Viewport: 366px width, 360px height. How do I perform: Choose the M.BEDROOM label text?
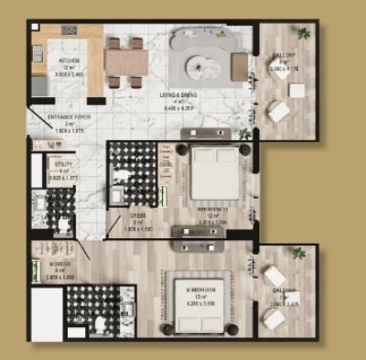(x=202, y=292)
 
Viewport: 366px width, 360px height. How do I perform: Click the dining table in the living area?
(x=125, y=62)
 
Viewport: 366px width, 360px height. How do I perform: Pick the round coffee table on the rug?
(x=201, y=64)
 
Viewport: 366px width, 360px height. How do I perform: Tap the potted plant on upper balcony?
(x=303, y=34)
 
